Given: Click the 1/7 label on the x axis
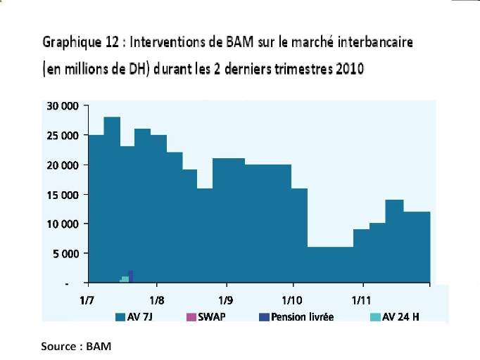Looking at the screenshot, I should point(89,299).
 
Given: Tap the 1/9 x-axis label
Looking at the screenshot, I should point(226,299).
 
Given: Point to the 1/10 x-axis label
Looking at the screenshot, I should point(292,299).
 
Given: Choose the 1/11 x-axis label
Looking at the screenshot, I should point(362,299).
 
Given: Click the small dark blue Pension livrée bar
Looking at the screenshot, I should point(131,276).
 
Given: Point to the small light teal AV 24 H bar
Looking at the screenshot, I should point(125,279).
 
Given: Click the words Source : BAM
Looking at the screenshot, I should point(76,346).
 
